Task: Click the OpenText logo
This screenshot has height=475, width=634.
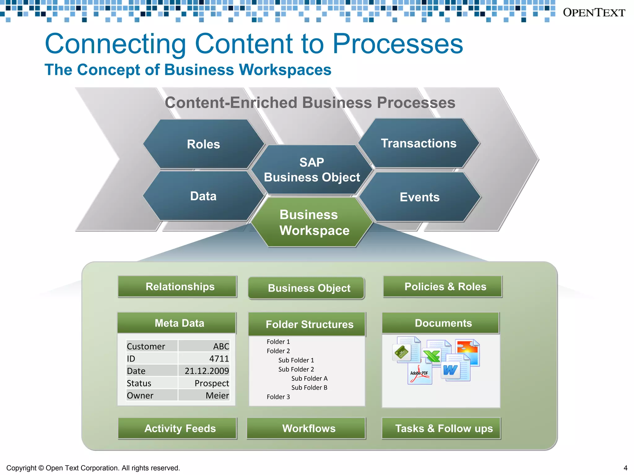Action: click(x=594, y=13)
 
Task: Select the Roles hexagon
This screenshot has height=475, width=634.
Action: click(x=203, y=144)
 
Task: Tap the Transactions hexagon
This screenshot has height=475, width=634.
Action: click(x=419, y=143)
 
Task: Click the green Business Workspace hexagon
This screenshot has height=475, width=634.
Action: click(x=312, y=222)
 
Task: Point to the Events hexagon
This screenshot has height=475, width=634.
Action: click(x=419, y=197)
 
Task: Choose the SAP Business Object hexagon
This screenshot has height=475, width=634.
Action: click(x=312, y=170)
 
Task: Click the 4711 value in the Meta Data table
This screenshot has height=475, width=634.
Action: click(x=219, y=359)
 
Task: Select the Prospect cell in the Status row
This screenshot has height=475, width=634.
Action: click(x=212, y=383)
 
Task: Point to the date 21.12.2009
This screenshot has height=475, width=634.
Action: click(x=206, y=371)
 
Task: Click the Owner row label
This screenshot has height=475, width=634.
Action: click(x=140, y=396)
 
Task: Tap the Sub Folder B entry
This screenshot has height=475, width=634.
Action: click(x=309, y=387)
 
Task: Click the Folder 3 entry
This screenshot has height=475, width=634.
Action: click(x=278, y=397)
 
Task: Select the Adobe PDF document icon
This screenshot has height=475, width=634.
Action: click(x=419, y=374)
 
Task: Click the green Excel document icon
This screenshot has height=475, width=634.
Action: click(x=432, y=356)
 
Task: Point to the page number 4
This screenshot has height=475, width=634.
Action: click(x=625, y=468)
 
